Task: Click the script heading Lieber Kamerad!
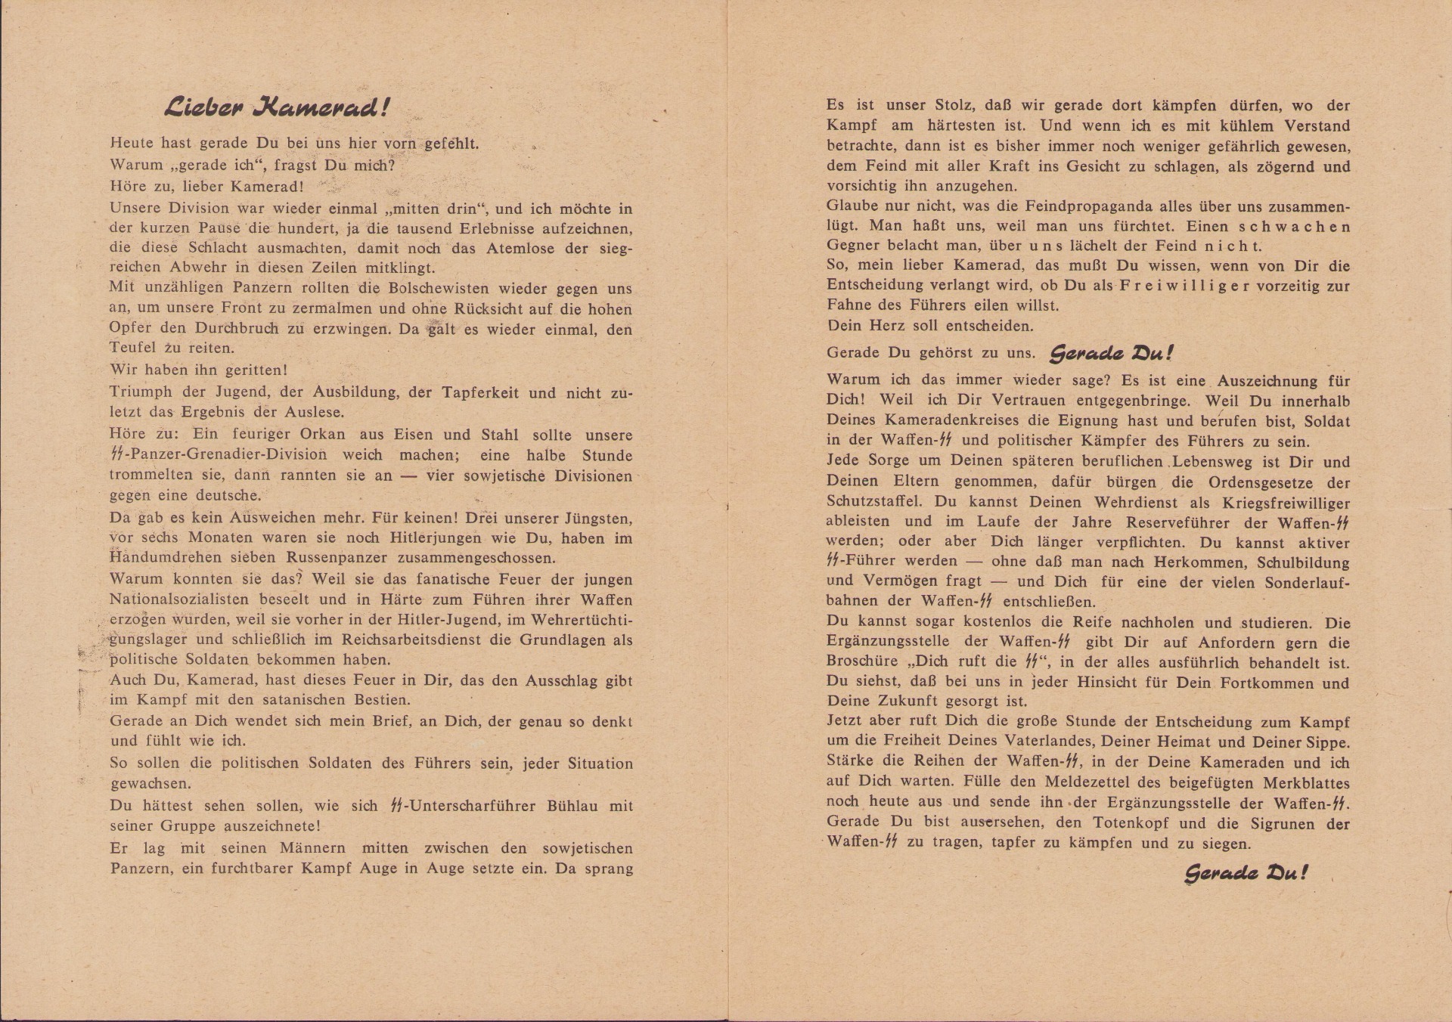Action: pyautogui.click(x=277, y=108)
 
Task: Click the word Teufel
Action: pyautogui.click(x=133, y=348)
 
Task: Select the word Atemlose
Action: pyautogui.click(x=513, y=248)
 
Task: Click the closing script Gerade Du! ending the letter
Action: pyautogui.click(x=1246, y=874)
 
